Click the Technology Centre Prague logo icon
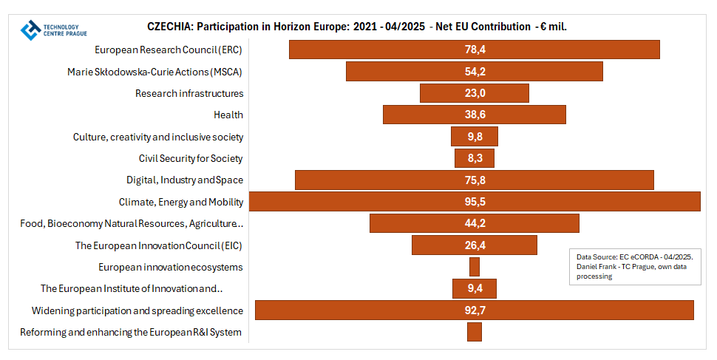tap(32, 30)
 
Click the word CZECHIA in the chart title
tap(171, 27)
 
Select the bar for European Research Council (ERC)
tap(384, 50)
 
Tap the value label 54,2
tap(475, 72)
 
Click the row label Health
tap(228, 115)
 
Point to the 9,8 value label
tap(475, 137)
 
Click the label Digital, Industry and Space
tap(185, 180)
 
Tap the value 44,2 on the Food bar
tap(475, 223)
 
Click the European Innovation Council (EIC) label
tap(159, 245)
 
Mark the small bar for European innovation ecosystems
tap(475, 267)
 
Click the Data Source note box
tap(635, 266)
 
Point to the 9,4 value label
tap(475, 288)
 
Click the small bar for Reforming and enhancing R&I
tap(475, 332)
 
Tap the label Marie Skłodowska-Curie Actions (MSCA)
tap(154, 72)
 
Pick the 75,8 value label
tap(475, 180)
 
